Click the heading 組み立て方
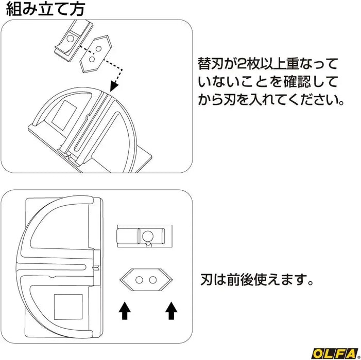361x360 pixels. click(x=45, y=9)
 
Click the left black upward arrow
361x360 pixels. click(x=125, y=311)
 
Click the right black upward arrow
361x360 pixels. click(x=171, y=311)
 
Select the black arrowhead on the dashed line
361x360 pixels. click(x=114, y=86)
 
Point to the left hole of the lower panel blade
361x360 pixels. click(x=139, y=280)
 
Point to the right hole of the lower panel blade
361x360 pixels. click(x=152, y=280)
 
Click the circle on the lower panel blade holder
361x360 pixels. click(x=148, y=236)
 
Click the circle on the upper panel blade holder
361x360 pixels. click(x=70, y=39)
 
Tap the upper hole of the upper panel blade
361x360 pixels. click(x=98, y=49)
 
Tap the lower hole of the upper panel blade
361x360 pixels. click(x=92, y=59)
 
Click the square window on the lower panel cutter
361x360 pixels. click(x=68, y=307)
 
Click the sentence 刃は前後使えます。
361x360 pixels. click(x=256, y=279)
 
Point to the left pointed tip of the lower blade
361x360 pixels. click(x=120, y=280)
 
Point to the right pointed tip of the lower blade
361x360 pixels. click(x=172, y=280)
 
